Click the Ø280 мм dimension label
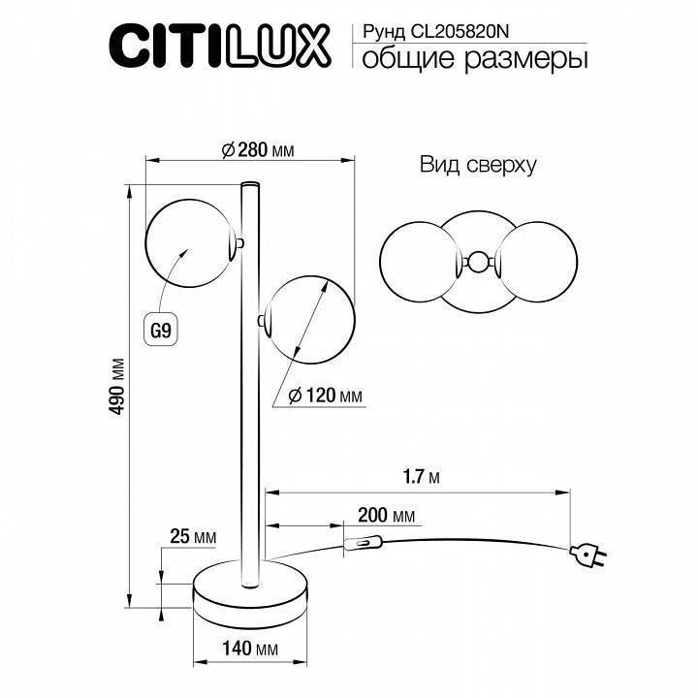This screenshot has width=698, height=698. pos(257,149)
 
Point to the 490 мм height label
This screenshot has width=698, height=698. pos(119,389)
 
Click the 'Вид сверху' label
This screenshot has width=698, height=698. pos(478,165)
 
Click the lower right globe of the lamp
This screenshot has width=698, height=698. pos(308,320)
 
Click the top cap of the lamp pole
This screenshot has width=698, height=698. pos(250,182)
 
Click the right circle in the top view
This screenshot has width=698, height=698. pos(537,261)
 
